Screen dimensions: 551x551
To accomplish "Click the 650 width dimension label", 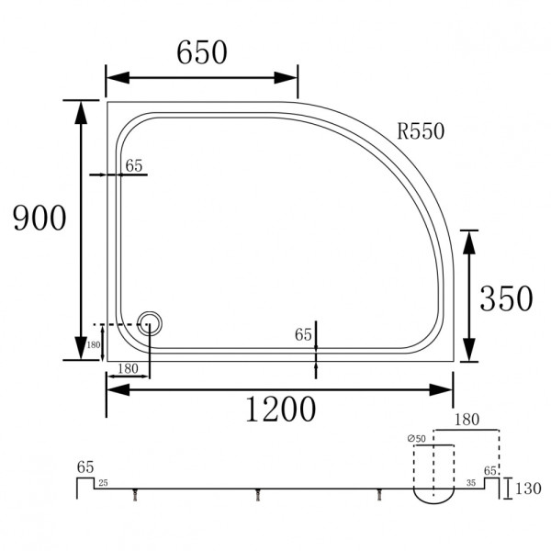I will point(201,53).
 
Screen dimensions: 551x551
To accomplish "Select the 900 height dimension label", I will point(39,219).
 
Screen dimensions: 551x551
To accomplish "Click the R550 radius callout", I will point(421,131).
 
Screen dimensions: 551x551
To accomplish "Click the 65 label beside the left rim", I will point(134,166).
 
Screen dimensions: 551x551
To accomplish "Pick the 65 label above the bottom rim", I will point(304,335).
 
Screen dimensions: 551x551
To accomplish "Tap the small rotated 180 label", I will point(94,347).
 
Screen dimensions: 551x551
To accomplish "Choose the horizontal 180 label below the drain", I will point(128,368).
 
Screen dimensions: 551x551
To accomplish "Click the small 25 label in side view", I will point(103,482).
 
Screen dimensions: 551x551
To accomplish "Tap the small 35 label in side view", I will point(471,482).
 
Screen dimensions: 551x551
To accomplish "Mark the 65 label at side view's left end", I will point(85,467).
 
